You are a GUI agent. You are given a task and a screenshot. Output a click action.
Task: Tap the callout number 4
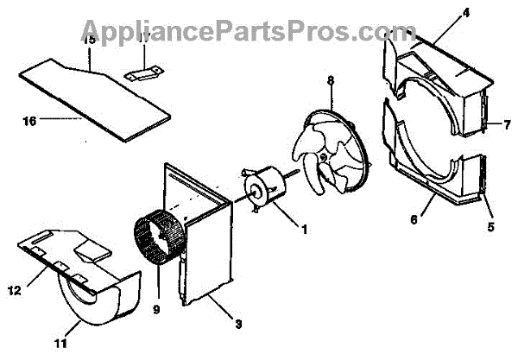click(441, 12)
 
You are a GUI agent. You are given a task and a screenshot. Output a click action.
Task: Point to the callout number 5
click(490, 229)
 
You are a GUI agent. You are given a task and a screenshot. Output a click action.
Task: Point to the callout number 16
click(28, 122)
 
